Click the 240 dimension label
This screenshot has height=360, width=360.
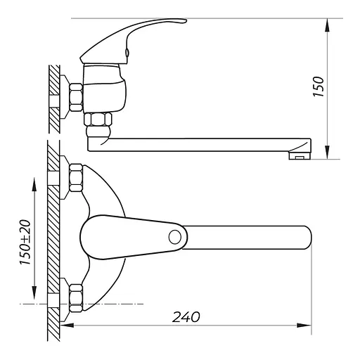pyautogui.click(x=186, y=317)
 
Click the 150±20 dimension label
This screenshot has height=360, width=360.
pyautogui.click(x=25, y=243)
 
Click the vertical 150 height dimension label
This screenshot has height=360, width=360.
pyautogui.click(x=319, y=86)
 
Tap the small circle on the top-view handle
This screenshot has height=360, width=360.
pyautogui.click(x=175, y=237)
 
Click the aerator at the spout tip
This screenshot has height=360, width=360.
pyautogui.click(x=300, y=155)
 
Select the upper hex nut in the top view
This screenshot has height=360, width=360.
pyautogui.click(x=76, y=178)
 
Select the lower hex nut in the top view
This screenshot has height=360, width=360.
pyautogui.click(x=76, y=298)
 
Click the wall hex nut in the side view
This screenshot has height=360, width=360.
pyautogui.click(x=76, y=97)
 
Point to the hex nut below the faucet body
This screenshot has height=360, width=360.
pyautogui.click(x=98, y=120)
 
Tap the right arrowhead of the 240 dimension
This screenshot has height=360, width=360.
pyautogui.click(x=304, y=326)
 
